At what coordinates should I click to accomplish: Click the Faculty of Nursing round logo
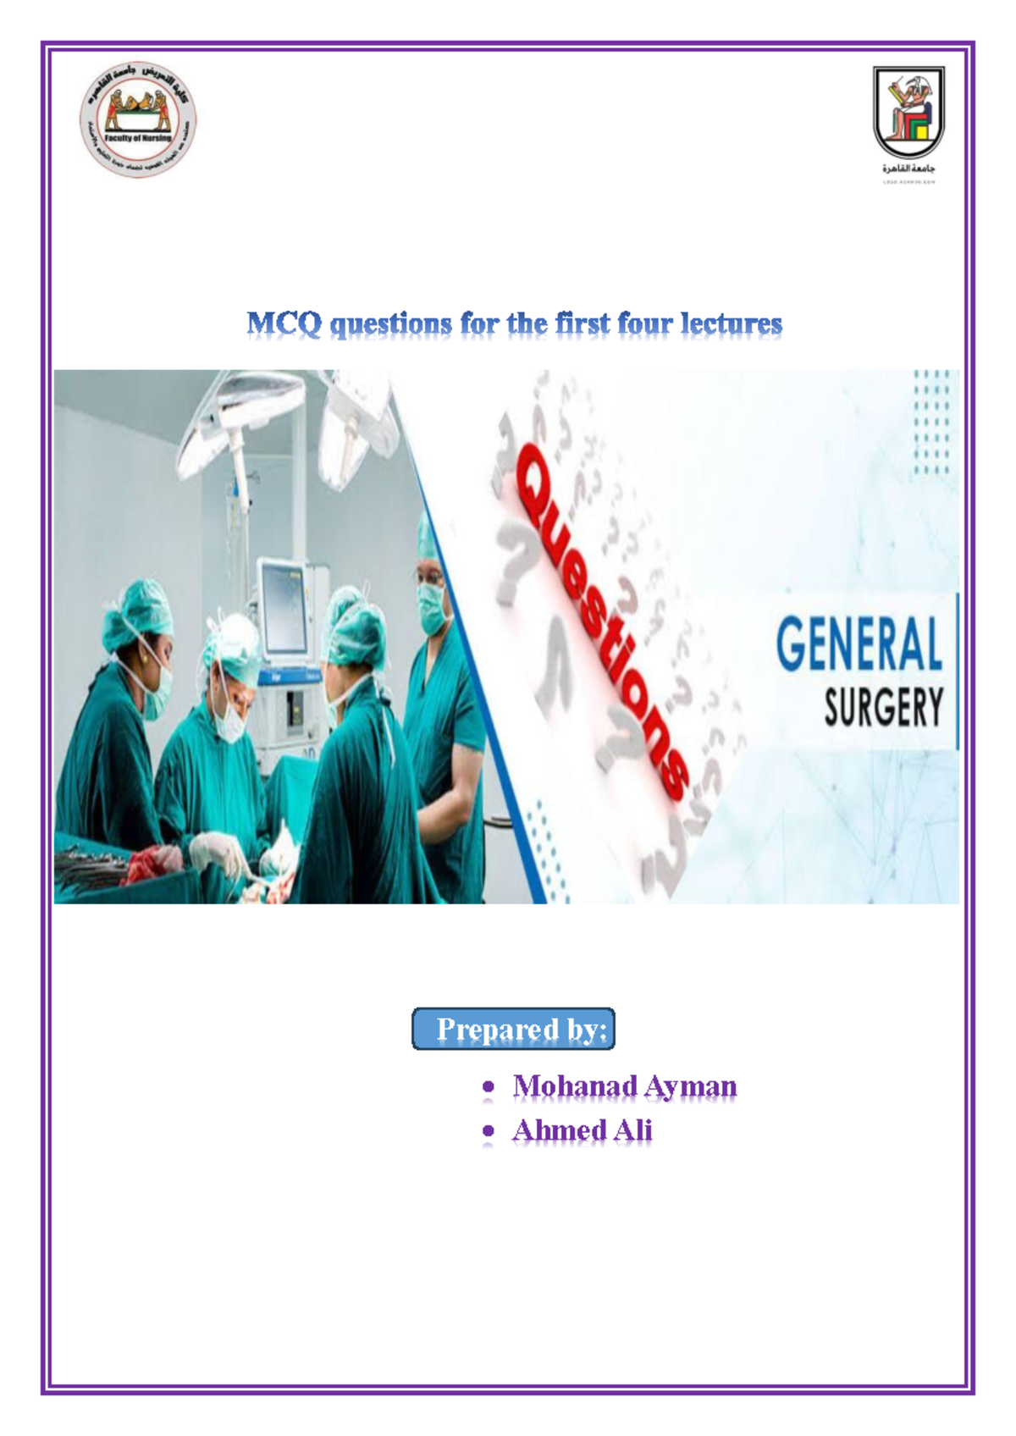(138, 120)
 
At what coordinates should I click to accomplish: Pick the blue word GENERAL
(859, 644)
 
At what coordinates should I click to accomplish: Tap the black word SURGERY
(883, 708)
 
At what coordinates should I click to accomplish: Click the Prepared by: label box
(513, 1029)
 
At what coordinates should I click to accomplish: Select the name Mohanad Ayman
(624, 1086)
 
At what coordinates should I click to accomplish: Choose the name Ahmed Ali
(582, 1130)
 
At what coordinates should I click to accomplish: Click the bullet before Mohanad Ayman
(488, 1086)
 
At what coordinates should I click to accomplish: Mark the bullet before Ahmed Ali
(488, 1130)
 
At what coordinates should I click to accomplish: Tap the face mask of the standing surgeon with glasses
(433, 608)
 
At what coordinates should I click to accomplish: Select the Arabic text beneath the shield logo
(908, 168)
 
